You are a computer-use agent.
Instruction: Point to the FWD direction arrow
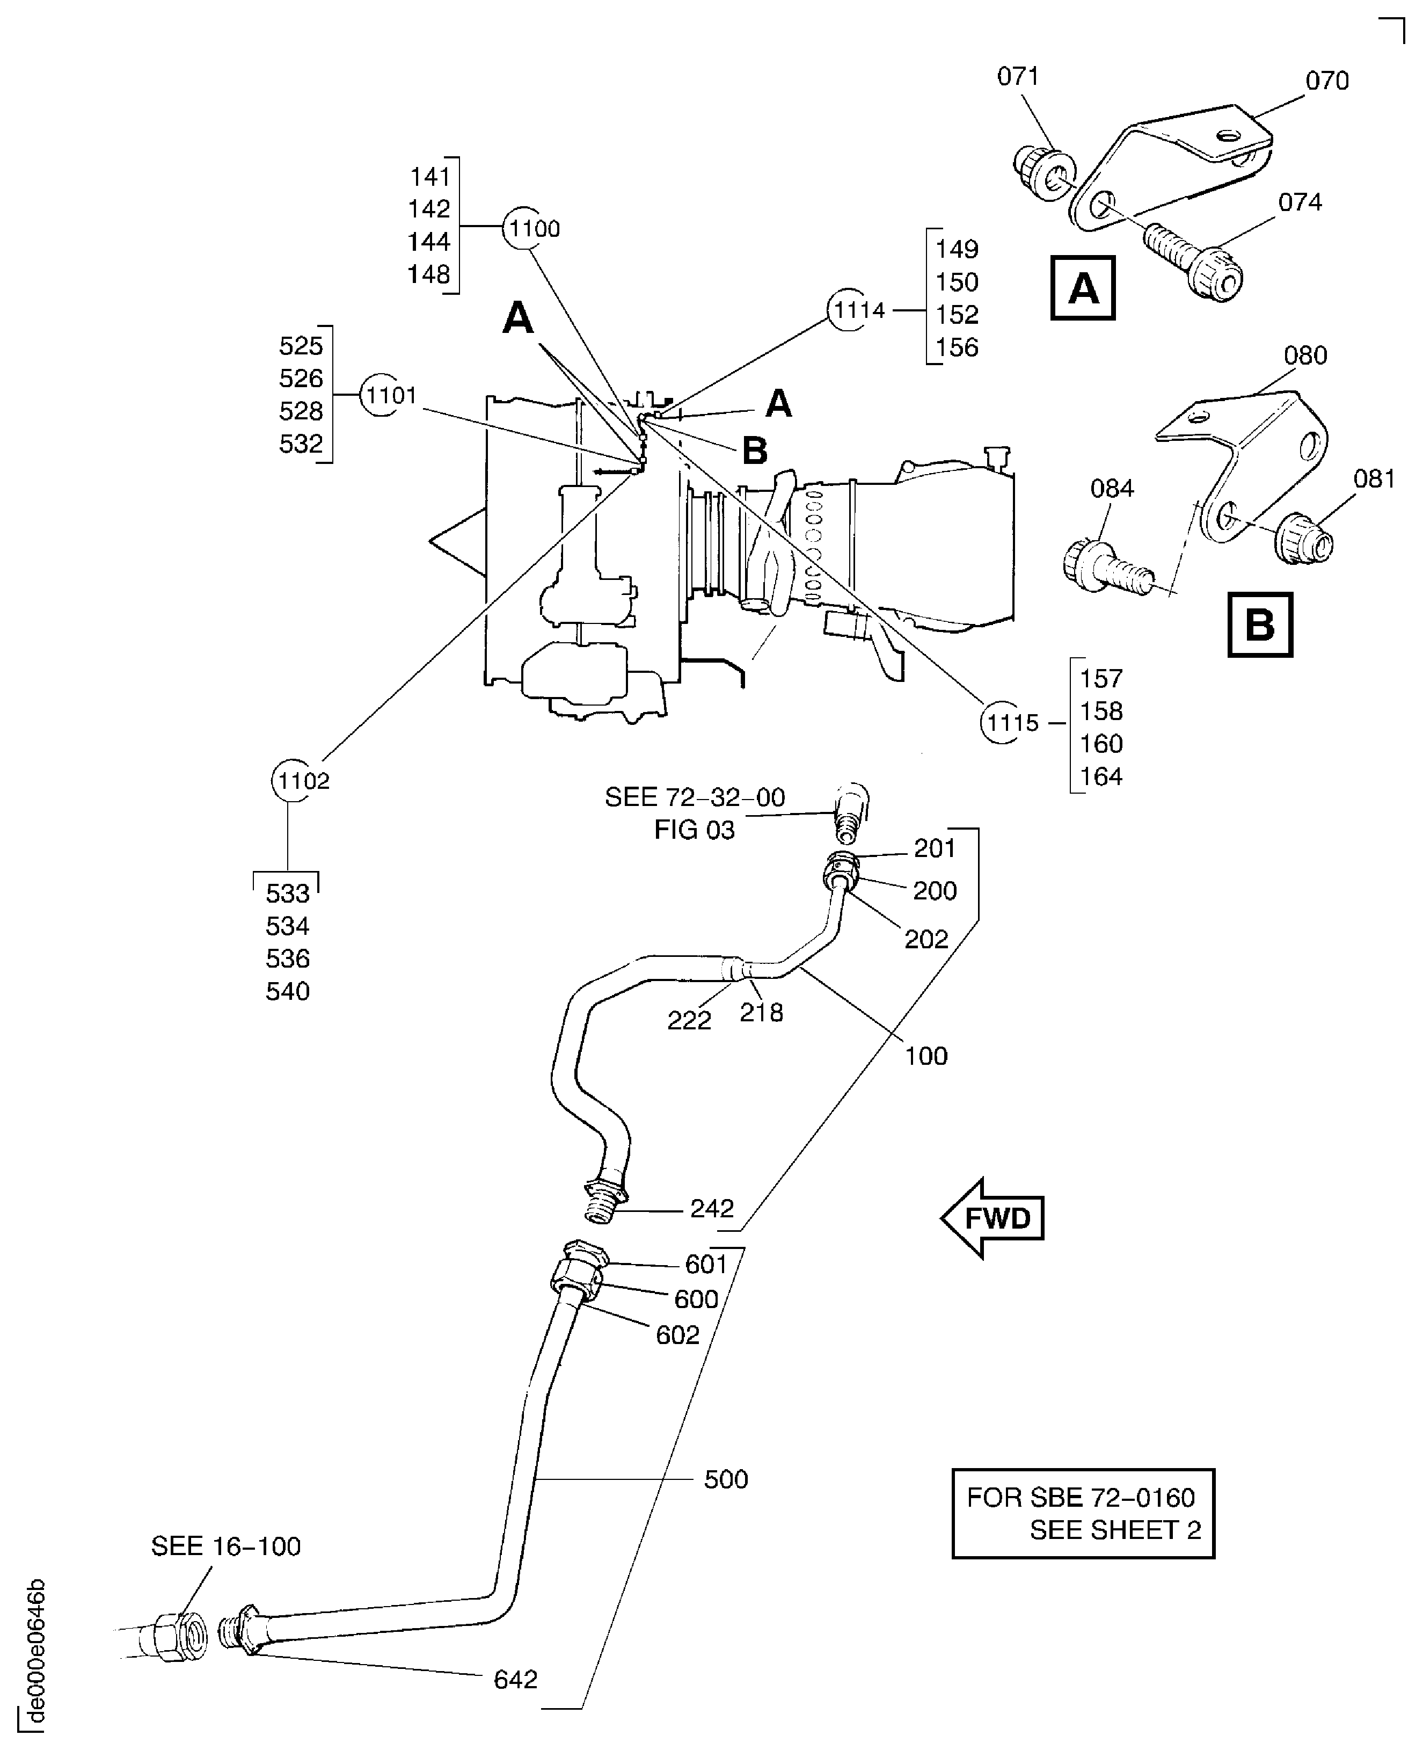(x=993, y=1218)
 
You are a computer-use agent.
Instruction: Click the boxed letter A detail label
(x=1082, y=288)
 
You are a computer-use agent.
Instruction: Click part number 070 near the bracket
(x=1326, y=81)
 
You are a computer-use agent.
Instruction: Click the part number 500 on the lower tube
(x=725, y=1479)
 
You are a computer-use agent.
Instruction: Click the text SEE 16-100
(x=225, y=1546)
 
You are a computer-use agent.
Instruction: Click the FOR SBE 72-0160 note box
(x=1082, y=1513)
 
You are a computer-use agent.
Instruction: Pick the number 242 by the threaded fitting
(x=712, y=1208)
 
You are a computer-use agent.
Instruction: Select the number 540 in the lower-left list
(x=288, y=991)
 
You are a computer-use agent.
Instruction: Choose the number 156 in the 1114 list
(x=957, y=347)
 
